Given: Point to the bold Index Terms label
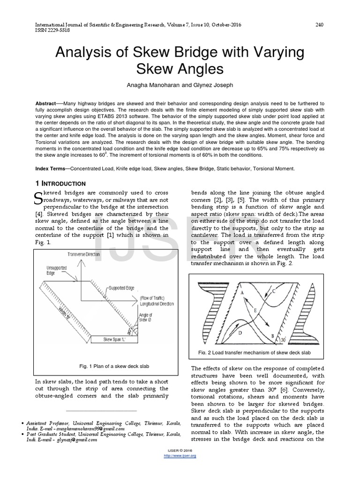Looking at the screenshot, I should (x=51, y=169).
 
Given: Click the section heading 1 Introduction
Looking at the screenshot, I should (x=60, y=183).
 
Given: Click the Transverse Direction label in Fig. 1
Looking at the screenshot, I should (x=84, y=254).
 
